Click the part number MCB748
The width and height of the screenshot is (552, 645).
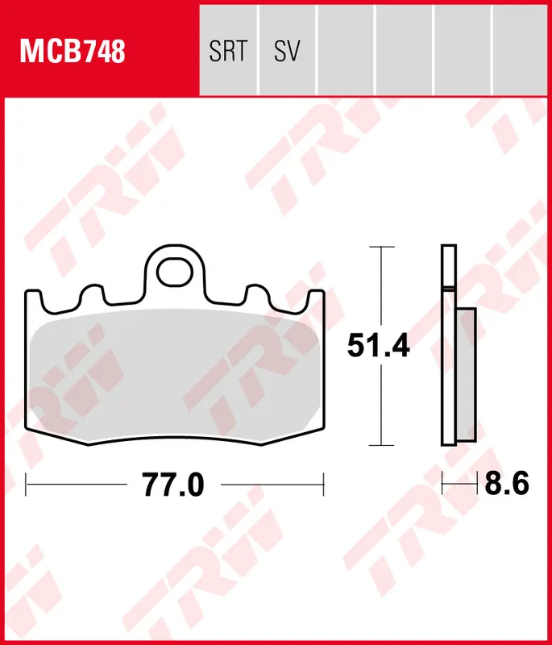point(73,52)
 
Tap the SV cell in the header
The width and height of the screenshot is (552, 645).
point(287,52)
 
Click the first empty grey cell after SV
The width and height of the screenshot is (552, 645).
point(346,48)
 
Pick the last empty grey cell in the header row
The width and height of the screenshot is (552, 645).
point(521,48)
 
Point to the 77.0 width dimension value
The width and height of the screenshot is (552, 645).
point(173,485)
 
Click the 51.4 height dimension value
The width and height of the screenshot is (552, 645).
point(379,345)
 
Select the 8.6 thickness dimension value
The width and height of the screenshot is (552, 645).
point(507,485)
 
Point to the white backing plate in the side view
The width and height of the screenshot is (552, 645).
point(447,347)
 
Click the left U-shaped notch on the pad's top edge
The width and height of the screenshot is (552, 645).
point(90,298)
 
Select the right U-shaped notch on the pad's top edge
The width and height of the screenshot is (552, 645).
point(259,298)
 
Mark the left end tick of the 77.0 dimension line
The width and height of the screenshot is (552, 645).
point(27,485)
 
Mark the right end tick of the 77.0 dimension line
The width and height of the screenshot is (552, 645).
point(323,485)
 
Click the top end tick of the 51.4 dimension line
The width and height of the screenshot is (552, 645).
point(380,246)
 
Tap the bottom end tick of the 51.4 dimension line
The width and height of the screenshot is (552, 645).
point(380,445)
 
